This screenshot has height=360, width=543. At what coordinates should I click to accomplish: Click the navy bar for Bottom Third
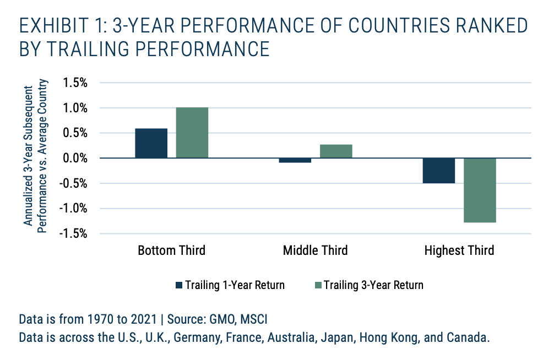151,143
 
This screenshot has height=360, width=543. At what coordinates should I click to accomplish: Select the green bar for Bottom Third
192,133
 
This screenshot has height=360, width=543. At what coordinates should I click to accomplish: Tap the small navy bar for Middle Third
295,160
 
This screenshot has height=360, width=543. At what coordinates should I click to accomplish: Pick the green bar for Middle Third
336,151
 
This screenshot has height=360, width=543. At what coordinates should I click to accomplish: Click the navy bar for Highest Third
439,171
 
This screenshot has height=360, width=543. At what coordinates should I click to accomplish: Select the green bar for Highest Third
480,190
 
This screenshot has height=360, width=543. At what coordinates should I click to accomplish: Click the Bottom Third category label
171,251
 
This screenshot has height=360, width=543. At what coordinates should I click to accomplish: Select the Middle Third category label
315,251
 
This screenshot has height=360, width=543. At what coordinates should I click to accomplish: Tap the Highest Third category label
459,251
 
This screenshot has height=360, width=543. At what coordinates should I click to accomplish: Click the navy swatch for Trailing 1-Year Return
178,285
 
